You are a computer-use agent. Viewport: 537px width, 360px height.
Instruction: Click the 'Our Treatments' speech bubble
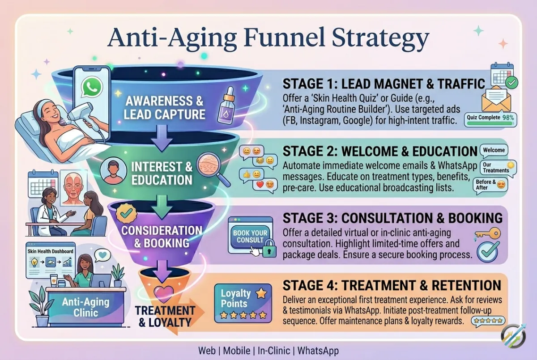pos(497,168)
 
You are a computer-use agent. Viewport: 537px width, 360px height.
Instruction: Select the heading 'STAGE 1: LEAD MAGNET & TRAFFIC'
pos(384,84)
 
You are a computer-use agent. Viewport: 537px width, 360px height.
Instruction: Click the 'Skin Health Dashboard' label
pos(50,251)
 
